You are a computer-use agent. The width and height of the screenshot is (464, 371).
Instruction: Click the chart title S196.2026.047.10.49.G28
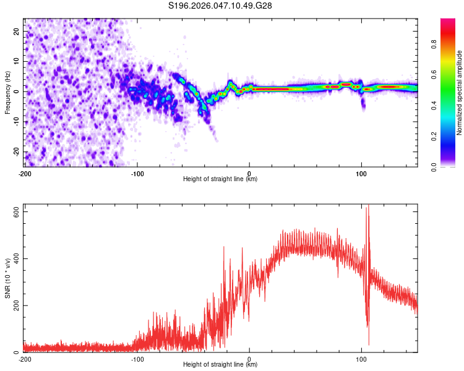click(221, 6)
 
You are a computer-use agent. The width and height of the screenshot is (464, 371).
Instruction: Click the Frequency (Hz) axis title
click(7, 92)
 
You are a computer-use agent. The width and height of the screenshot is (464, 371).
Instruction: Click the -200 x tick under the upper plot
click(25, 173)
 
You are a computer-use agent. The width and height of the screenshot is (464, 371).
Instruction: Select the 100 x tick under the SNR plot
click(362, 358)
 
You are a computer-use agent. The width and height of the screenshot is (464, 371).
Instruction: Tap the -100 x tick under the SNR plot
click(137, 358)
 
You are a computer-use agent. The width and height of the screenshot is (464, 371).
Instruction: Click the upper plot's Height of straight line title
click(220, 179)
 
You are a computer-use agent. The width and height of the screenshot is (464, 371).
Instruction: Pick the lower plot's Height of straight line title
click(220, 365)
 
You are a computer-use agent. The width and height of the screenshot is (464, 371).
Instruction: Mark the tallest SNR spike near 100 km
click(369, 207)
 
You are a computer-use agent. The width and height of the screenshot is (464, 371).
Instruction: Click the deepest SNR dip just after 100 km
click(369, 344)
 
